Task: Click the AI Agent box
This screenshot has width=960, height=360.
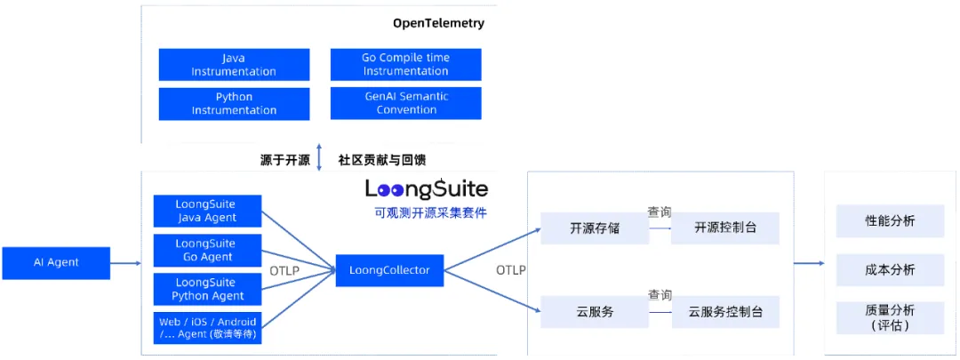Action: (x=56, y=262)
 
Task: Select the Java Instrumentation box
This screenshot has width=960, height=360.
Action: (x=234, y=65)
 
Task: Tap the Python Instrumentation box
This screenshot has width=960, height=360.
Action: (x=234, y=104)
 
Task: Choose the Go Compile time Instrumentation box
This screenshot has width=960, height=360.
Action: (x=405, y=65)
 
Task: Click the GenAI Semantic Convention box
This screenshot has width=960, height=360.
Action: (x=405, y=103)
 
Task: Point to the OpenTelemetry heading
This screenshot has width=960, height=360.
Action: (x=438, y=23)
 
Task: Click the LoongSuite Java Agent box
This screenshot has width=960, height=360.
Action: (x=207, y=212)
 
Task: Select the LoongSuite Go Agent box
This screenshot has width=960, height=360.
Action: (x=207, y=251)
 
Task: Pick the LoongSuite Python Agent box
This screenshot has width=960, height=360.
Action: (x=207, y=289)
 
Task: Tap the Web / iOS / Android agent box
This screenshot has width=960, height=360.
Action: (x=207, y=328)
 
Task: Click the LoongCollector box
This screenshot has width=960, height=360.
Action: (x=389, y=270)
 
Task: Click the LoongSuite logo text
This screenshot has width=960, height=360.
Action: (x=427, y=188)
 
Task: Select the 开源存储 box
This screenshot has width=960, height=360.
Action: (x=595, y=228)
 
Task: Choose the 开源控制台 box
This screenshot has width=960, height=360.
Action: (x=724, y=228)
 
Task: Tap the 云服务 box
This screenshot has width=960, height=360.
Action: (x=595, y=312)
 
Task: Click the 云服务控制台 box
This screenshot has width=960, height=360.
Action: (x=724, y=312)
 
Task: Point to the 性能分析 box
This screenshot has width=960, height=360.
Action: (x=890, y=221)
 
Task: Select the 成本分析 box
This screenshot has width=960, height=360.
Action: (x=890, y=269)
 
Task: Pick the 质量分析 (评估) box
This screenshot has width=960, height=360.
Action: (x=890, y=317)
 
